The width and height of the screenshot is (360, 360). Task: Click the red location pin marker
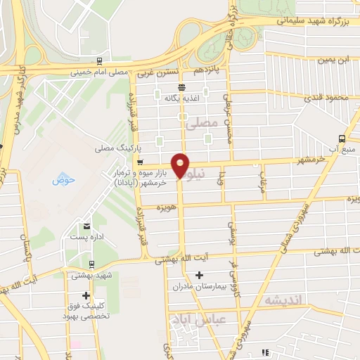pyautogui.click(x=181, y=165)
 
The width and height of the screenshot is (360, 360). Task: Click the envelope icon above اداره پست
pyautogui.click(x=86, y=226)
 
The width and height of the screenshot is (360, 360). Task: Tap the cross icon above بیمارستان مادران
pyautogui.click(x=199, y=275)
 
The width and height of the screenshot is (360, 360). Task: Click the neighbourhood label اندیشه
pyautogui.click(x=283, y=300)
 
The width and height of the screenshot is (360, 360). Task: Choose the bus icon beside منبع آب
pyautogui.click(x=342, y=139)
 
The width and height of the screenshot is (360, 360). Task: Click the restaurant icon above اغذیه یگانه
pyautogui.click(x=181, y=87)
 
